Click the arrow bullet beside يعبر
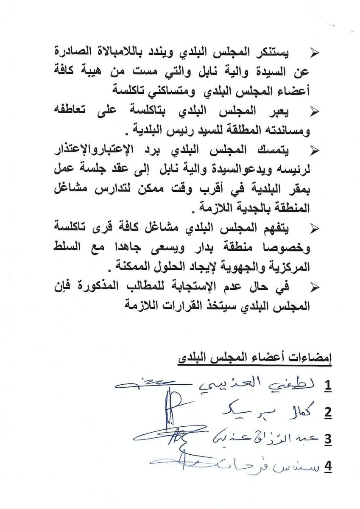315,112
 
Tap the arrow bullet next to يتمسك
315,150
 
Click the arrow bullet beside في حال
315,287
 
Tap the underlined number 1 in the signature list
327,386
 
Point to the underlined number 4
327,466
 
